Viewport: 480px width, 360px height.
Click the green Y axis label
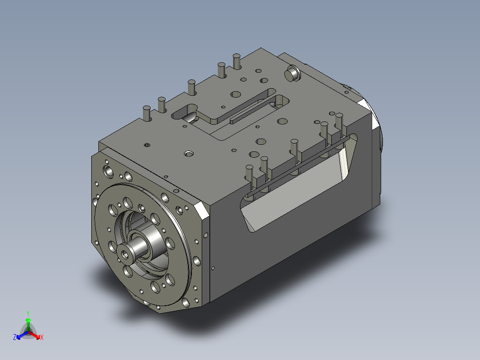click(28, 314)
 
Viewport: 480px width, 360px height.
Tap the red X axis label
click(42, 337)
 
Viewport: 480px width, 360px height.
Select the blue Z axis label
click(15, 337)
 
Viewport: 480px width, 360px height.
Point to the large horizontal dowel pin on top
click(292, 74)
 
